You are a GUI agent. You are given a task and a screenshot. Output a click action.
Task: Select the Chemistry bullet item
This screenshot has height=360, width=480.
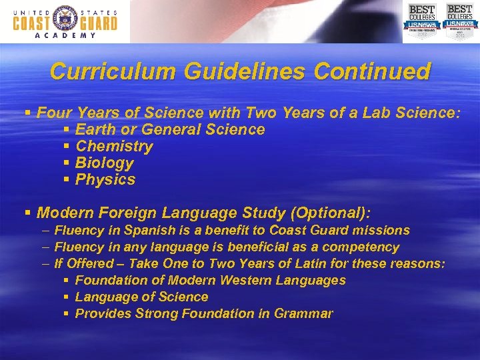pos(114,146)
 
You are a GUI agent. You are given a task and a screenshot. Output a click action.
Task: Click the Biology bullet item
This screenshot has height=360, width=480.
pos(105,163)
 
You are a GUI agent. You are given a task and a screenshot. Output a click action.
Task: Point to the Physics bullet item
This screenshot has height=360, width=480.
pos(105,179)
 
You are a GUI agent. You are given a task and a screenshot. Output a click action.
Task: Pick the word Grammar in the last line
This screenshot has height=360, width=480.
pos(304,313)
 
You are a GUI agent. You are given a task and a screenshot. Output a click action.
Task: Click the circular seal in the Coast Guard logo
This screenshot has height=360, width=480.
pos(65,18)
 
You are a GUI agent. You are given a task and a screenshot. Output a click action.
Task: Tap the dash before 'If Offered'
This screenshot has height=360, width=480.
pos(45,264)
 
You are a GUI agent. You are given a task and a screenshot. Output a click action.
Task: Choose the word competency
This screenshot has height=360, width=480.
pos(364,247)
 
